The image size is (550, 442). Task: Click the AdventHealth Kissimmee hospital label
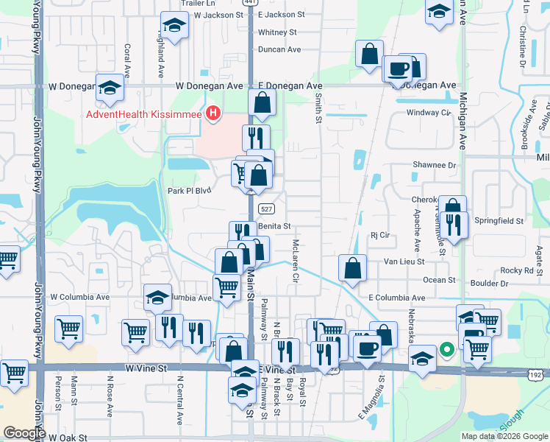tap(146, 113)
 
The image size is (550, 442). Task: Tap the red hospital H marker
tap(213, 113)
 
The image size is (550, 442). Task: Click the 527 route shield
tap(268, 208)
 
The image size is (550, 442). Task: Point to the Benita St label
tap(274, 226)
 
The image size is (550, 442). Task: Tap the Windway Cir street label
tap(428, 113)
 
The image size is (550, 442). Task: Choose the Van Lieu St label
tap(404, 262)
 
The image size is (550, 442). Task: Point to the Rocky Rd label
tap(516, 270)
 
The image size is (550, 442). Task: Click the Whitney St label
tap(277, 32)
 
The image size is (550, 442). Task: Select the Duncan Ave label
tap(279, 49)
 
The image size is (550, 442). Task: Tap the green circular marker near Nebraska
tap(446, 350)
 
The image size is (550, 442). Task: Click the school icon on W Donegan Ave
tap(109, 88)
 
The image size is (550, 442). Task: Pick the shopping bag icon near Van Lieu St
tap(353, 268)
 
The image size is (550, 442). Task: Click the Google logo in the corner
tap(24, 433)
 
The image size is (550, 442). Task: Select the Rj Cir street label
tap(379, 236)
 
